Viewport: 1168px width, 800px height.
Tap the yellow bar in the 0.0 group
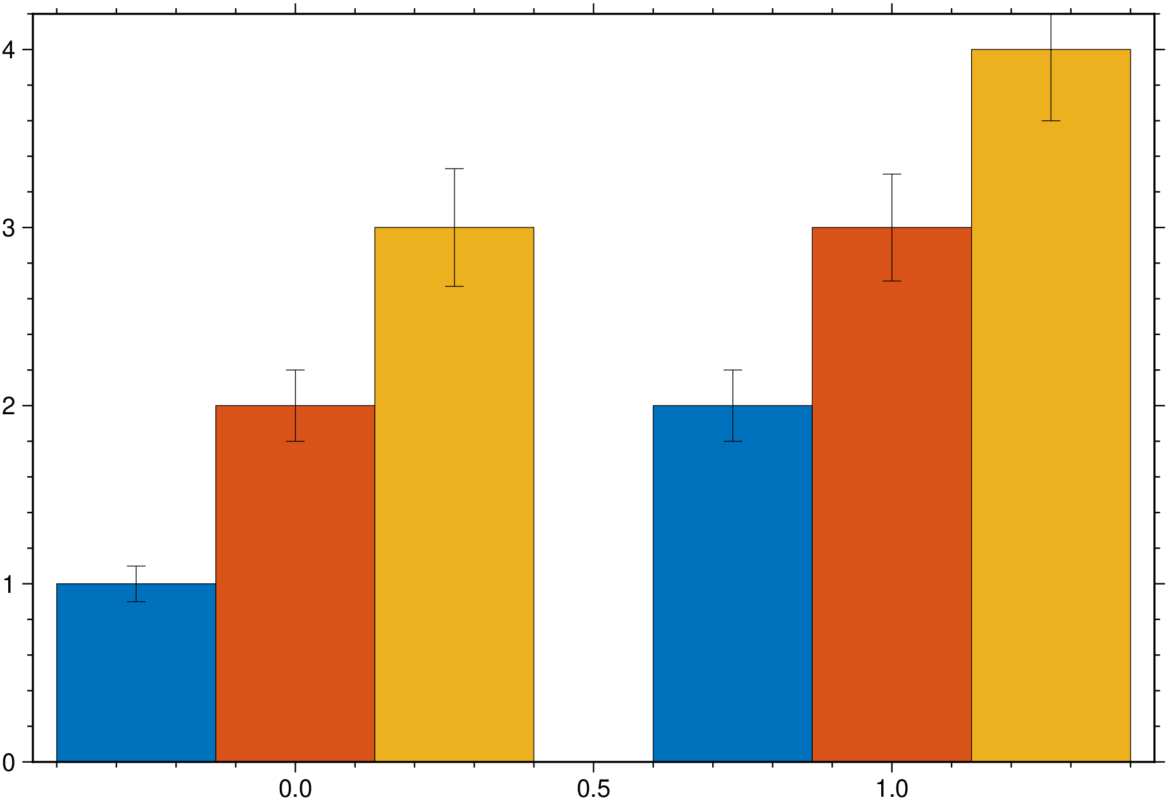pyautogui.click(x=454, y=507)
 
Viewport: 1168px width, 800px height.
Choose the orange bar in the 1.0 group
pyautogui.click(x=891, y=507)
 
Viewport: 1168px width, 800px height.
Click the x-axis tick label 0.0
pyautogui.click(x=295, y=789)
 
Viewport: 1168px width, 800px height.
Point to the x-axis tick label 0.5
pyautogui.click(x=593, y=789)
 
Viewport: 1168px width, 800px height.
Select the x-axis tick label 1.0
pyautogui.click(x=891, y=789)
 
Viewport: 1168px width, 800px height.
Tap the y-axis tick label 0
pyautogui.click(x=9, y=763)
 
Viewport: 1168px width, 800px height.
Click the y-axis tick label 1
pyautogui.click(x=9, y=585)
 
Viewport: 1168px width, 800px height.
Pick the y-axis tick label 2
pyautogui.click(x=9, y=406)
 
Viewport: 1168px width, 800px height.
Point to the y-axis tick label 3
pyautogui.click(x=9, y=228)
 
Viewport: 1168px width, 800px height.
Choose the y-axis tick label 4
pyautogui.click(x=9, y=50)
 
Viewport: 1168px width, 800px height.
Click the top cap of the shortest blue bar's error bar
pyautogui.click(x=136, y=566)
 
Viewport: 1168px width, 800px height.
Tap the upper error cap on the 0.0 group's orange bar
pyautogui.click(x=295, y=370)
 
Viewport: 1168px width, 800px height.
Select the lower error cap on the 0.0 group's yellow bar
pyautogui.click(x=454, y=286)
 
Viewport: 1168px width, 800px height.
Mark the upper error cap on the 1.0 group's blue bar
pyautogui.click(x=732, y=370)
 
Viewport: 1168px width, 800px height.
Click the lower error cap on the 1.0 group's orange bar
pyautogui.click(x=891, y=281)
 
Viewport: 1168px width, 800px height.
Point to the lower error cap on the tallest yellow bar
pyautogui.click(x=1051, y=120)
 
